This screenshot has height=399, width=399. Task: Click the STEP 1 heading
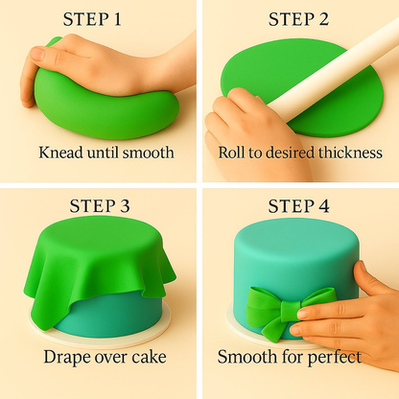(92, 19)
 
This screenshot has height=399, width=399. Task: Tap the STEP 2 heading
(298, 19)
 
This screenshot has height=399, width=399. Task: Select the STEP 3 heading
(100, 205)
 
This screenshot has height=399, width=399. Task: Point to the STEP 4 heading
(298, 205)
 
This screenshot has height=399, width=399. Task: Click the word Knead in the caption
(61, 153)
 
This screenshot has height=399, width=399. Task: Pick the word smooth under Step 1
(149, 153)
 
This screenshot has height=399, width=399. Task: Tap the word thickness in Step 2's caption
(350, 153)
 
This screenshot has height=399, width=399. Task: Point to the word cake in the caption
(150, 357)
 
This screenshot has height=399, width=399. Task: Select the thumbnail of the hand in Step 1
(37, 54)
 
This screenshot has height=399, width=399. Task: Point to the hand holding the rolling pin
(252, 134)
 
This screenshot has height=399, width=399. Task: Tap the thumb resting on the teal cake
(367, 279)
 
